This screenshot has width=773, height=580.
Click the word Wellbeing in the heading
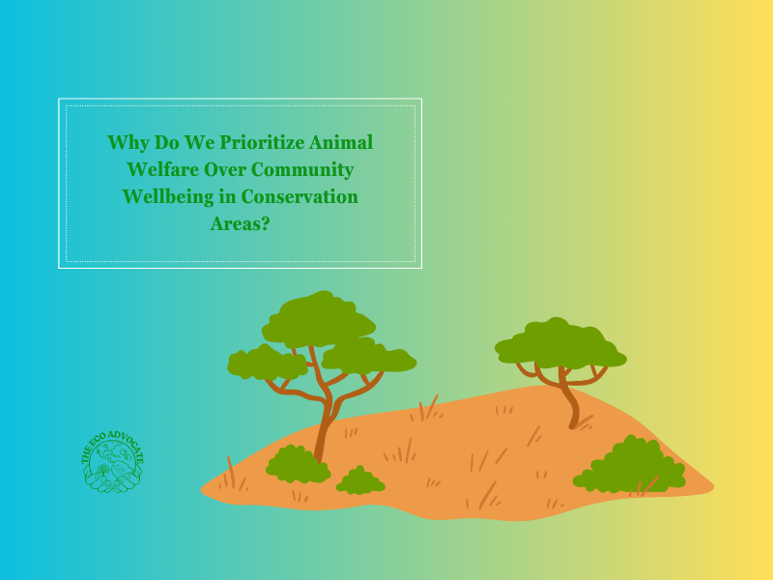point(166,196)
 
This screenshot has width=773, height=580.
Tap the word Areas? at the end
point(240,223)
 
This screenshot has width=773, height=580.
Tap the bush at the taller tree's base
point(296,466)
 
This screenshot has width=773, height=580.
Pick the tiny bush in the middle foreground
point(359,481)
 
